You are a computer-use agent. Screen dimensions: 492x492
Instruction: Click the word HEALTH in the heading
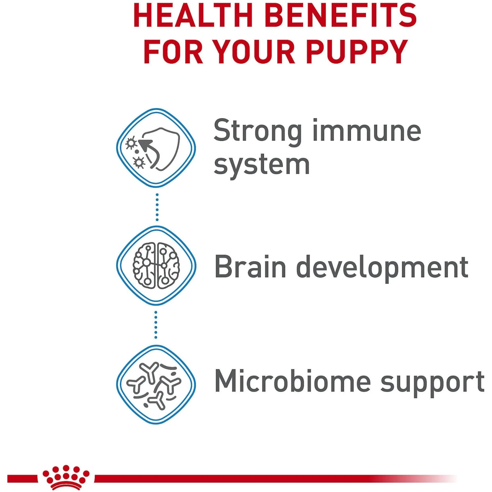click(193, 16)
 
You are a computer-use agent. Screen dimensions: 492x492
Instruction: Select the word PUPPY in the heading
click(357, 52)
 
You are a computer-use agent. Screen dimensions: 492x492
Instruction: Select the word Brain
click(250, 267)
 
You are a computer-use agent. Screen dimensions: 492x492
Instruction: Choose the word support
click(432, 383)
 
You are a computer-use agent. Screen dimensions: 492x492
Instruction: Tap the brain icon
click(156, 266)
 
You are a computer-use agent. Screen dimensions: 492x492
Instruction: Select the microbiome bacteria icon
click(156, 385)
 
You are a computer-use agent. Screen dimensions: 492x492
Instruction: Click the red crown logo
click(66, 477)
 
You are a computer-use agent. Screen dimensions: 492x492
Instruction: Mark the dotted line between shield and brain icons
click(157, 207)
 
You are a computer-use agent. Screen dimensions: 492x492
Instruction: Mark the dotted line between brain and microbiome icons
click(156, 325)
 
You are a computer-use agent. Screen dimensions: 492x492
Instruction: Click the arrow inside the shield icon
click(149, 149)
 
